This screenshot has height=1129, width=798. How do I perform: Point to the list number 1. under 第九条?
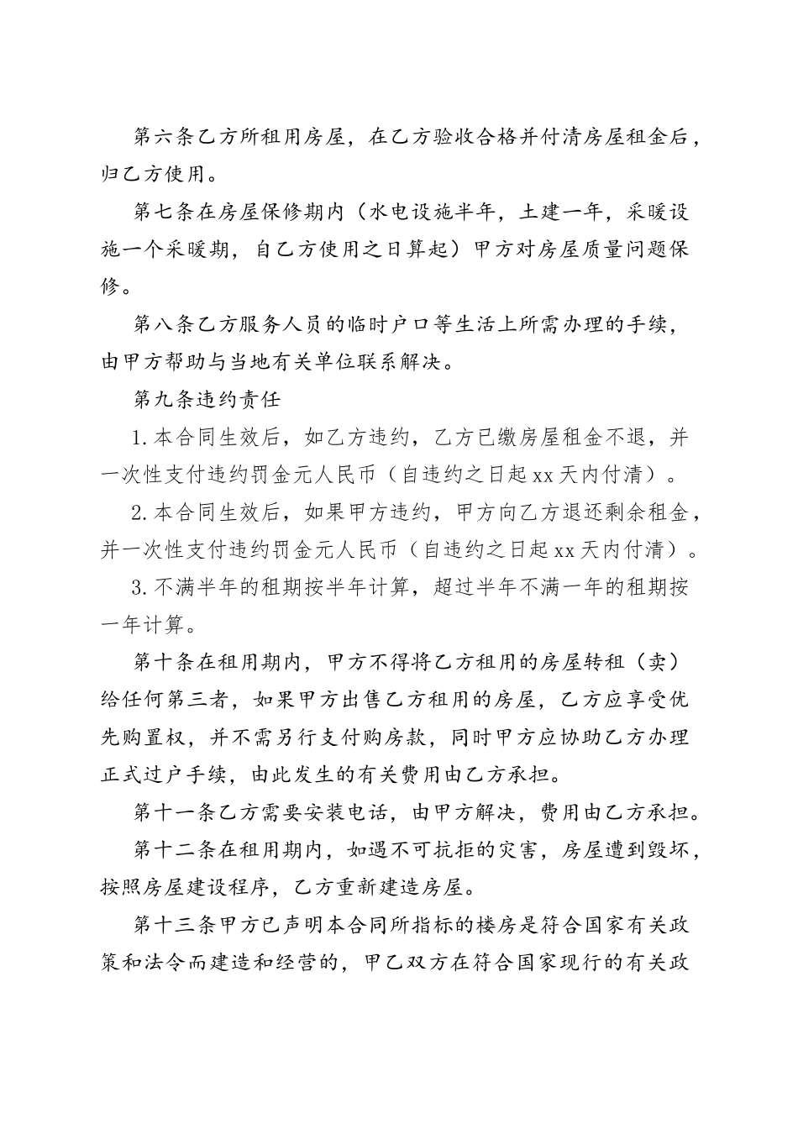click(x=141, y=438)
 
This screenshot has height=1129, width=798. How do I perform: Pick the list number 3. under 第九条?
click(x=141, y=587)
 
